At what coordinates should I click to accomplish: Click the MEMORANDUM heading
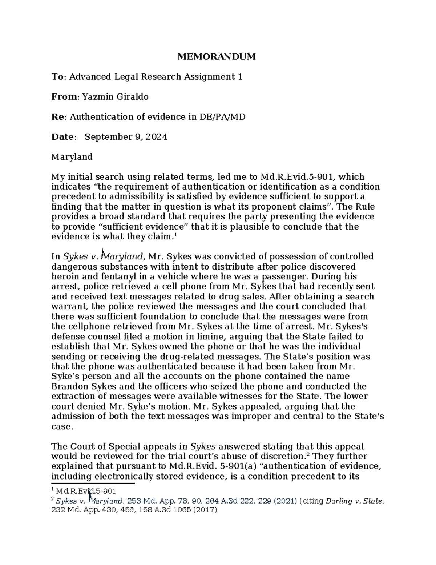217,57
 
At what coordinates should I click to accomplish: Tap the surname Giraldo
130,97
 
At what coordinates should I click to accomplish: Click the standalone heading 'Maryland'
72,157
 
